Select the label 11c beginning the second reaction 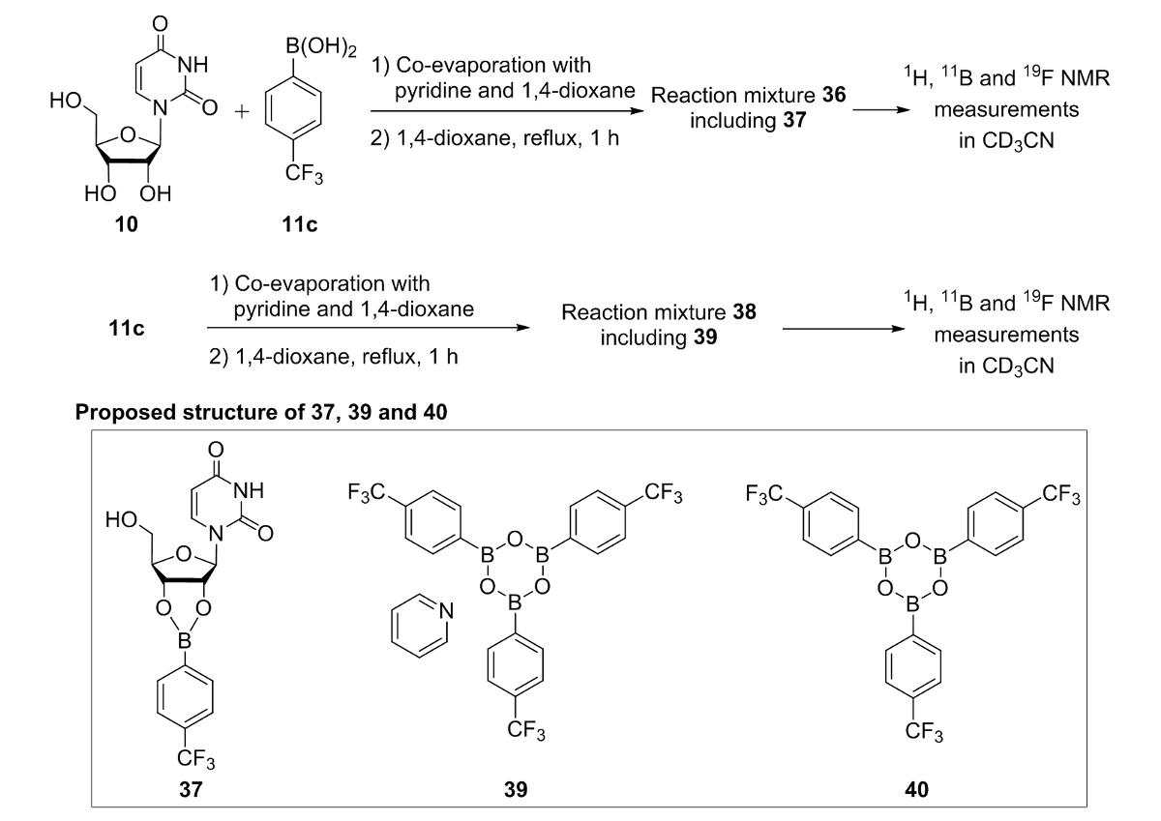pyautogui.click(x=126, y=329)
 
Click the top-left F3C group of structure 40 pyautogui.click(x=768, y=495)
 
